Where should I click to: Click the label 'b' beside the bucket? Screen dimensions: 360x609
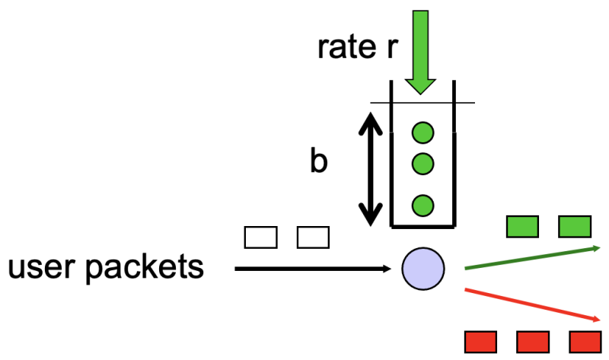(319, 162)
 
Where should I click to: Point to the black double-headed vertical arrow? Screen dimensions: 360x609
(371, 168)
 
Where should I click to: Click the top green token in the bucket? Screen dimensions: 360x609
(422, 132)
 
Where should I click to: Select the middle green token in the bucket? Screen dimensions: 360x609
(422, 163)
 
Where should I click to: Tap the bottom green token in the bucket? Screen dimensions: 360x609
(422, 205)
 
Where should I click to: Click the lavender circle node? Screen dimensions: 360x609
(423, 269)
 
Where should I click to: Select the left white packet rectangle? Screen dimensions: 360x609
(260, 237)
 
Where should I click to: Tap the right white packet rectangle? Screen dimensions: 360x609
(311, 237)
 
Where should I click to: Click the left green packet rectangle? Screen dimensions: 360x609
(522, 226)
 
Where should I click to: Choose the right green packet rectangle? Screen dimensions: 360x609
(575, 226)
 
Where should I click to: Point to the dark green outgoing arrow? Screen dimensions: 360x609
(533, 257)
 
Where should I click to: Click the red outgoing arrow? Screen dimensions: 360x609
(533, 304)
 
